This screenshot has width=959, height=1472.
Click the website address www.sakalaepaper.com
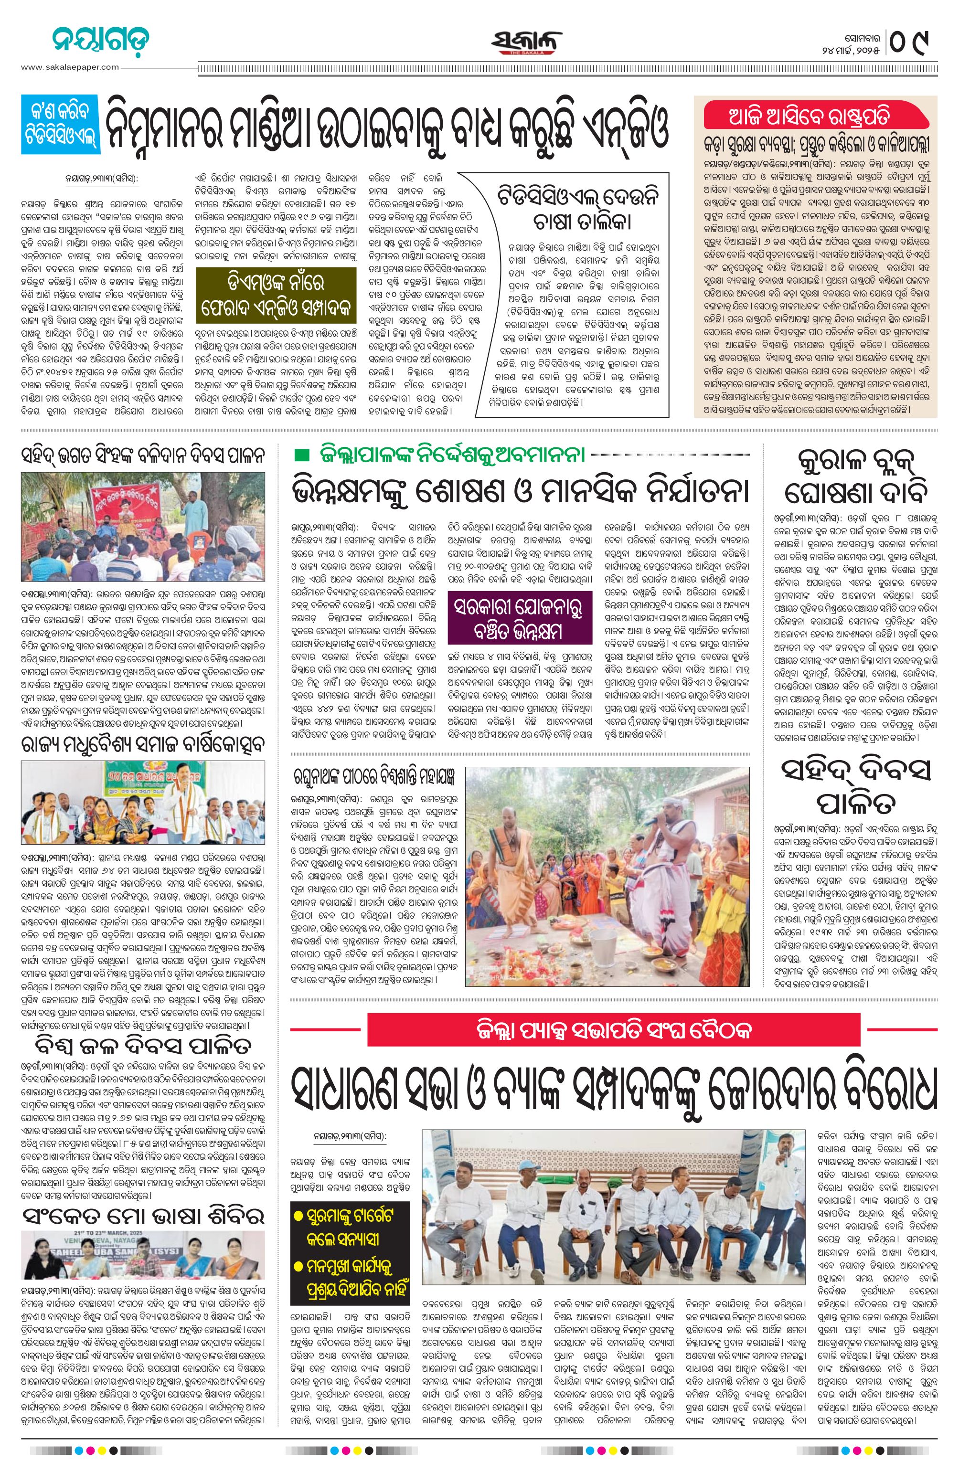coord(70,67)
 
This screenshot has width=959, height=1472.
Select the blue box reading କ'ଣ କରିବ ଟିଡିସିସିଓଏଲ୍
coord(59,124)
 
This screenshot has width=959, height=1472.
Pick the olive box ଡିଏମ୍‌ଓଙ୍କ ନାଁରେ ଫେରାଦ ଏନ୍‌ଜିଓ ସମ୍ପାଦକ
coord(276,295)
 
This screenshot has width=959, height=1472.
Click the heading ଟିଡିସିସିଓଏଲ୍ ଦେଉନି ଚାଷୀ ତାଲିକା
coord(580,210)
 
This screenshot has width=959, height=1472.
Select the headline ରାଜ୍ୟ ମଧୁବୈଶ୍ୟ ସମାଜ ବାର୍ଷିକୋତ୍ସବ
coord(143,745)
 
